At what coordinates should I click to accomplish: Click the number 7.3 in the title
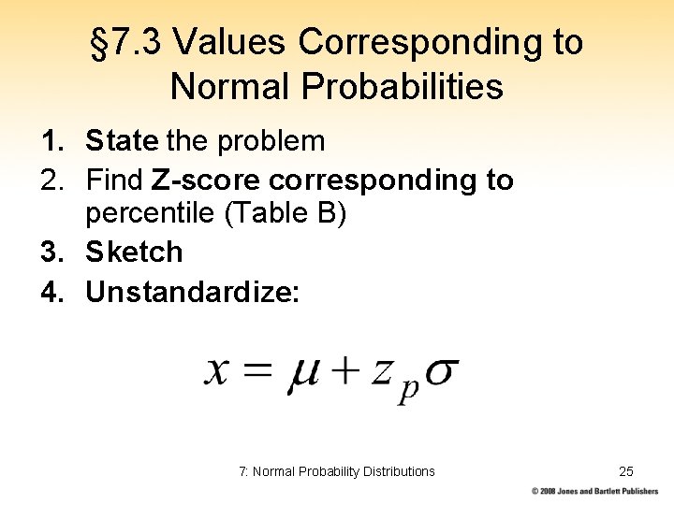[139, 42]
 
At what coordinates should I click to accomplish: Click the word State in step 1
[122, 142]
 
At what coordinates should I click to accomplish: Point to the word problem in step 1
[271, 142]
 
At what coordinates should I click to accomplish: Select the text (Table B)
[286, 214]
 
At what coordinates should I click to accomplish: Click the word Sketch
[134, 252]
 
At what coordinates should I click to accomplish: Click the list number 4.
[51, 293]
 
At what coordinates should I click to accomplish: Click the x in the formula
[217, 370]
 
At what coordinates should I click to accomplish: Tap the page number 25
[626, 471]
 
